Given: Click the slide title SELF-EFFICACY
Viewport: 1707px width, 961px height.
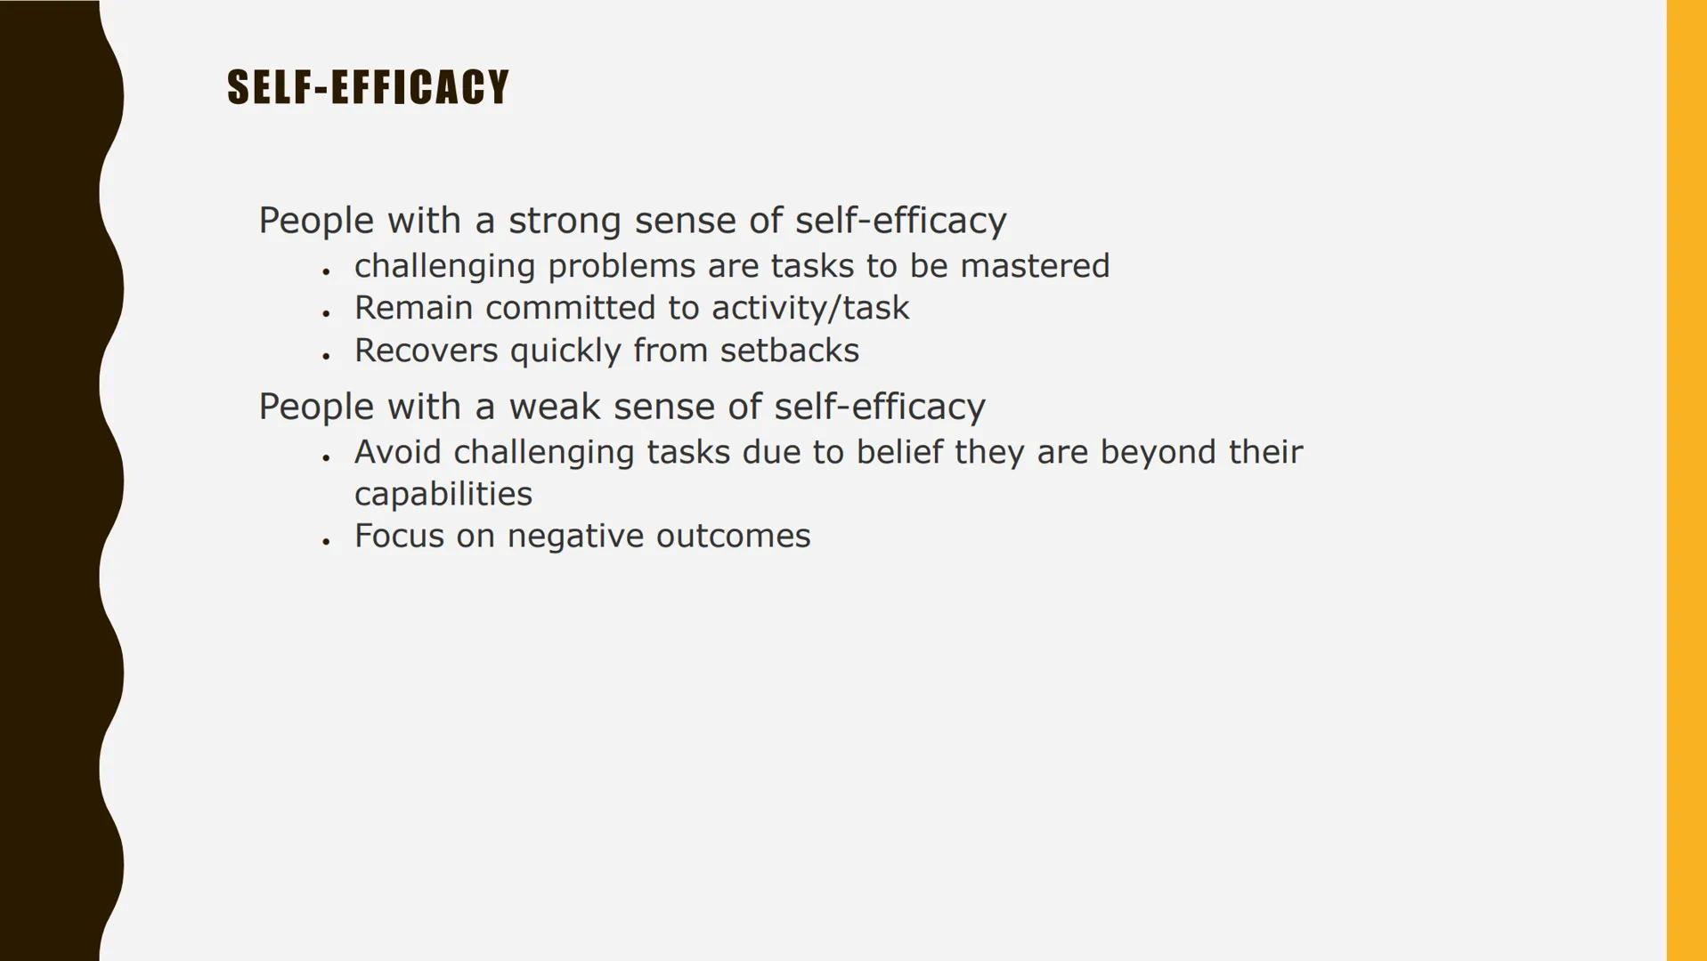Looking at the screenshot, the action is point(368,87).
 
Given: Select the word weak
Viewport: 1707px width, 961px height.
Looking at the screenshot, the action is point(554,407).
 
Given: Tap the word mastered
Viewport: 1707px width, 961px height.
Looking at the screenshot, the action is point(1035,266).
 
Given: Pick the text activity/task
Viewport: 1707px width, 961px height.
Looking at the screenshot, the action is point(810,309).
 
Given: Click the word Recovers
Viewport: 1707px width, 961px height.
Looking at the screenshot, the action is point(427,351).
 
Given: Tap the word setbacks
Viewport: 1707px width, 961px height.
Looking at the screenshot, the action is point(790,351).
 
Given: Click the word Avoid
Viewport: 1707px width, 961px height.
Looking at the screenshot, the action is point(397,452).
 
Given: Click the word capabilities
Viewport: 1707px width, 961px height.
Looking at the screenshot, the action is point(443,495).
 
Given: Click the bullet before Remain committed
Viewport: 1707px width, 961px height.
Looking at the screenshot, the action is point(327,313).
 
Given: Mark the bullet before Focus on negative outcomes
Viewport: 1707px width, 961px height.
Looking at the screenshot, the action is point(327,541).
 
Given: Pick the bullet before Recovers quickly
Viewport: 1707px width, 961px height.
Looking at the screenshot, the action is point(327,356).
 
